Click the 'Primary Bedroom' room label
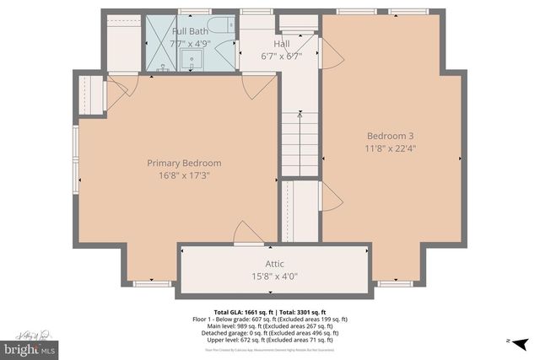click(x=184, y=163)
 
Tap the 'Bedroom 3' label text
click(x=390, y=136)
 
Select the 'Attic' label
click(x=275, y=264)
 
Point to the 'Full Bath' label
click(x=190, y=31)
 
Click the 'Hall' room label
click(x=282, y=43)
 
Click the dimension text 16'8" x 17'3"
click(x=184, y=176)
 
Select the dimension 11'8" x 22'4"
click(x=390, y=149)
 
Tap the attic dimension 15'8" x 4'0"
click(x=275, y=277)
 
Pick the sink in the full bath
click(x=192, y=60)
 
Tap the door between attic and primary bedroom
click(x=246, y=234)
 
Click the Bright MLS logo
click(x=30, y=347)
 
